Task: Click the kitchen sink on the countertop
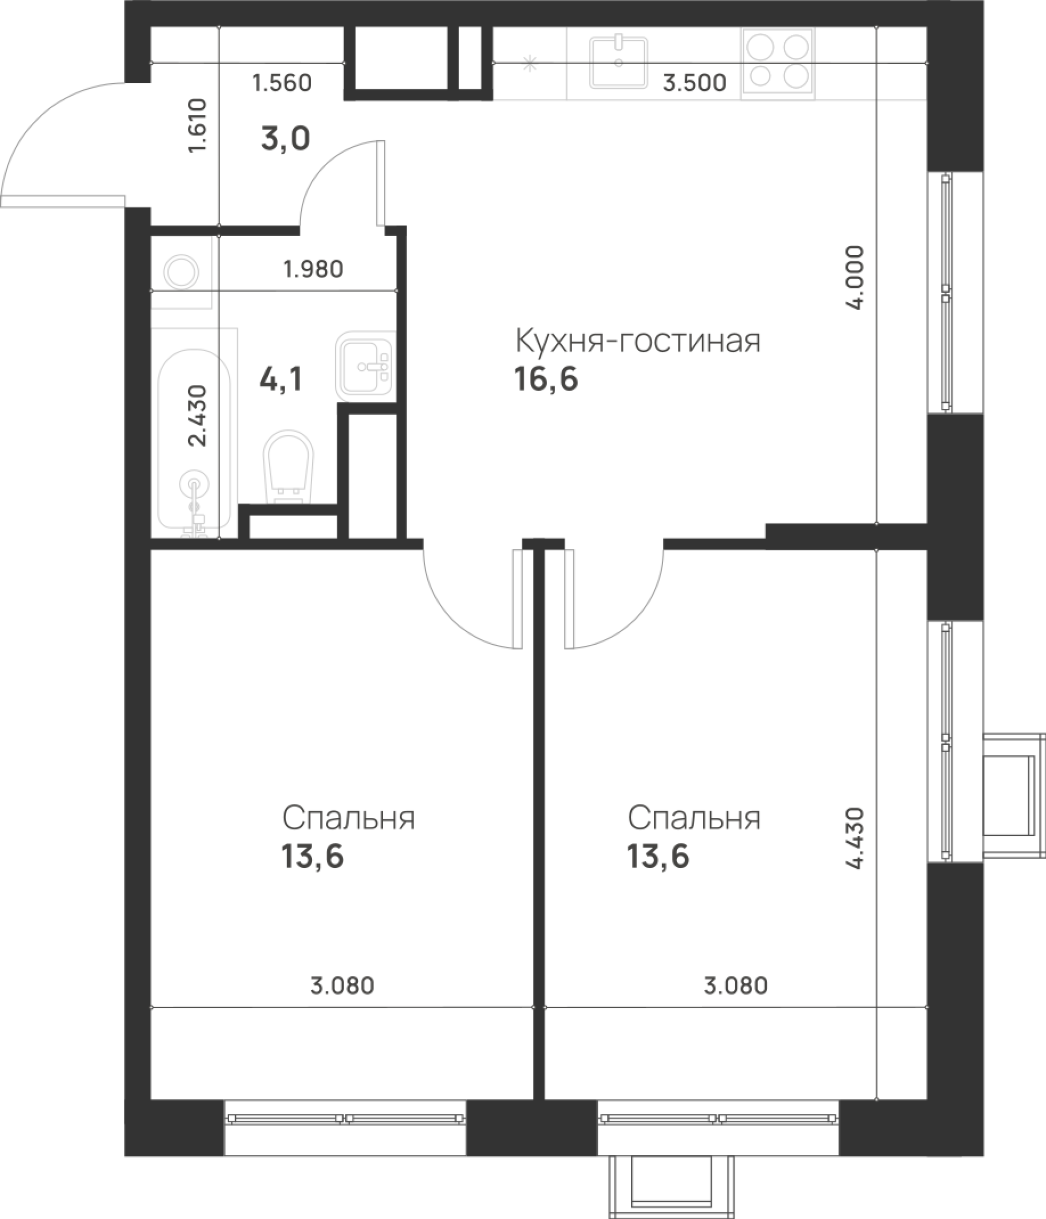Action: tap(618, 61)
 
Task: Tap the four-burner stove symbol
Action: tap(778, 61)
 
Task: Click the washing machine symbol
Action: tap(182, 272)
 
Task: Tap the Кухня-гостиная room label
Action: tap(638, 340)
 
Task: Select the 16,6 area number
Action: tap(546, 380)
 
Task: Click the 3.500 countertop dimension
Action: tap(694, 83)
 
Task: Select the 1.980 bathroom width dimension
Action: tap(312, 270)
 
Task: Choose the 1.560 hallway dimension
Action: tap(282, 83)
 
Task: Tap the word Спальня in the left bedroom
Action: tap(348, 818)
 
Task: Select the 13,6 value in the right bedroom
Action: tap(658, 857)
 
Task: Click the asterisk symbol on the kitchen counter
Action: tap(530, 64)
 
